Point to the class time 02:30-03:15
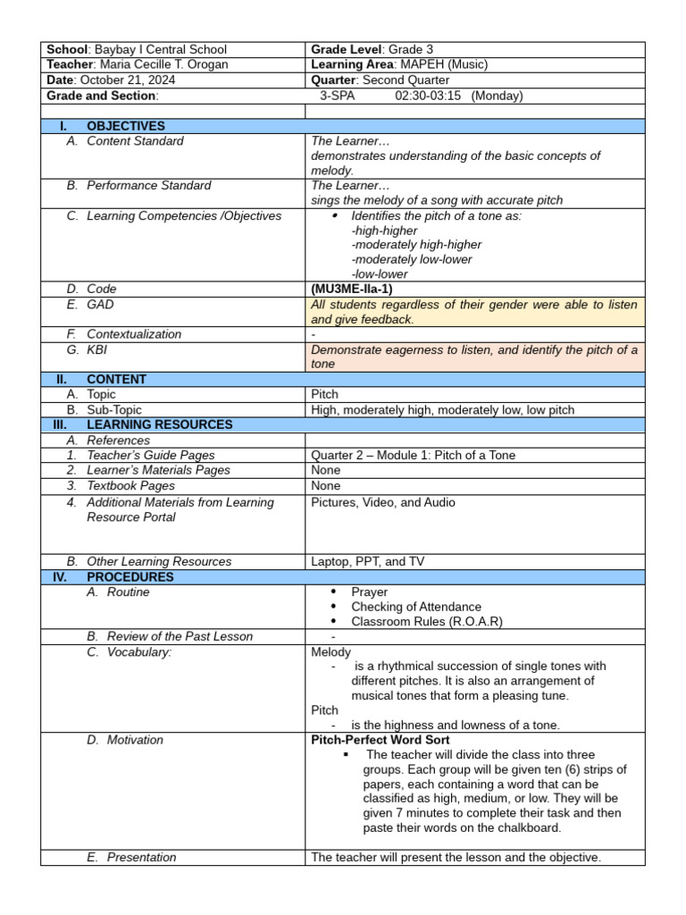428,96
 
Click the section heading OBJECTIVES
126,126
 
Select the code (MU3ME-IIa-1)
351,289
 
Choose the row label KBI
96,350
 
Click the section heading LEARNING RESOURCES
159,424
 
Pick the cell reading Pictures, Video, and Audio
383,502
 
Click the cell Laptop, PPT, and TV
367,561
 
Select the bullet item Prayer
369,592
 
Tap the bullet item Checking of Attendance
415,607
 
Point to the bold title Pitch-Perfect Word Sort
381,740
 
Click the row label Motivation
135,740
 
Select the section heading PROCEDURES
130,576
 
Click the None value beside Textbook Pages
326,485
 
